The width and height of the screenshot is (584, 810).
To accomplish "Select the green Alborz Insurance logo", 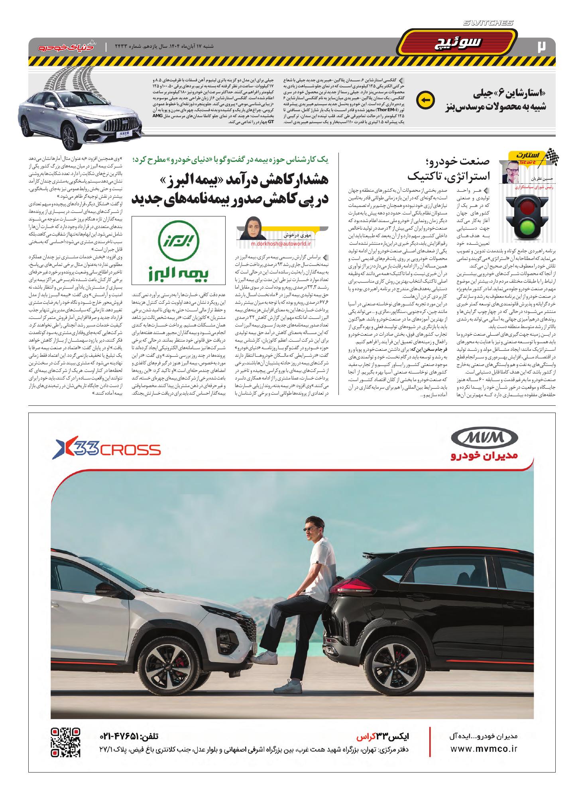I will click(x=178, y=250).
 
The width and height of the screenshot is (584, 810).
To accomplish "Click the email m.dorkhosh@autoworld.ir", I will click(x=281, y=244).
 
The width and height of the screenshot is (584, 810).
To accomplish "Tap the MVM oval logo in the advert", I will click(x=484, y=439).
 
